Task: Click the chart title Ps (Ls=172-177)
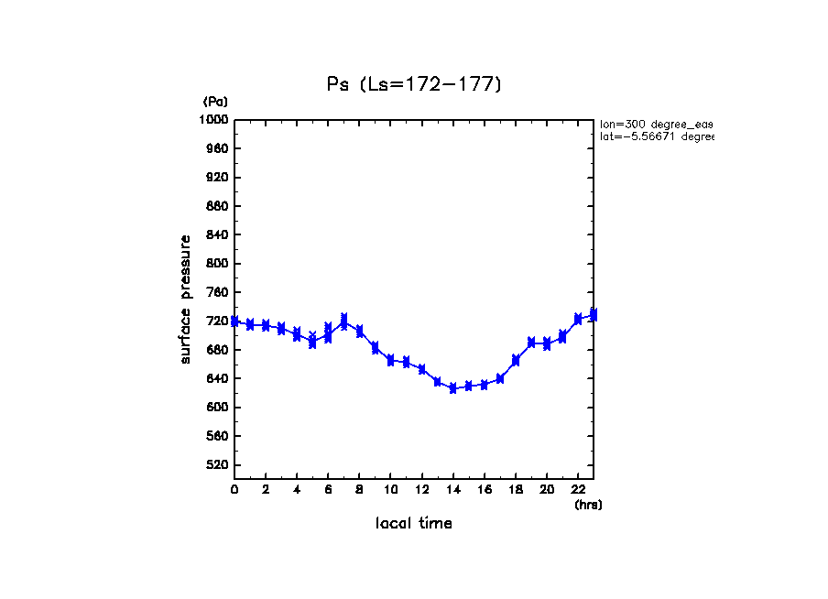[414, 84]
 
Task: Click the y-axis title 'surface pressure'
[186, 299]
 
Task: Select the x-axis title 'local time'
[414, 524]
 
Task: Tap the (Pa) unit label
[215, 101]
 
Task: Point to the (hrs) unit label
[588, 505]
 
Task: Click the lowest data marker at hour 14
[452, 388]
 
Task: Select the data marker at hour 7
[343, 321]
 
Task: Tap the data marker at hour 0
[234, 321]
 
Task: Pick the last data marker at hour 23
[594, 315]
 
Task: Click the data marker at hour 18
[516, 361]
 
